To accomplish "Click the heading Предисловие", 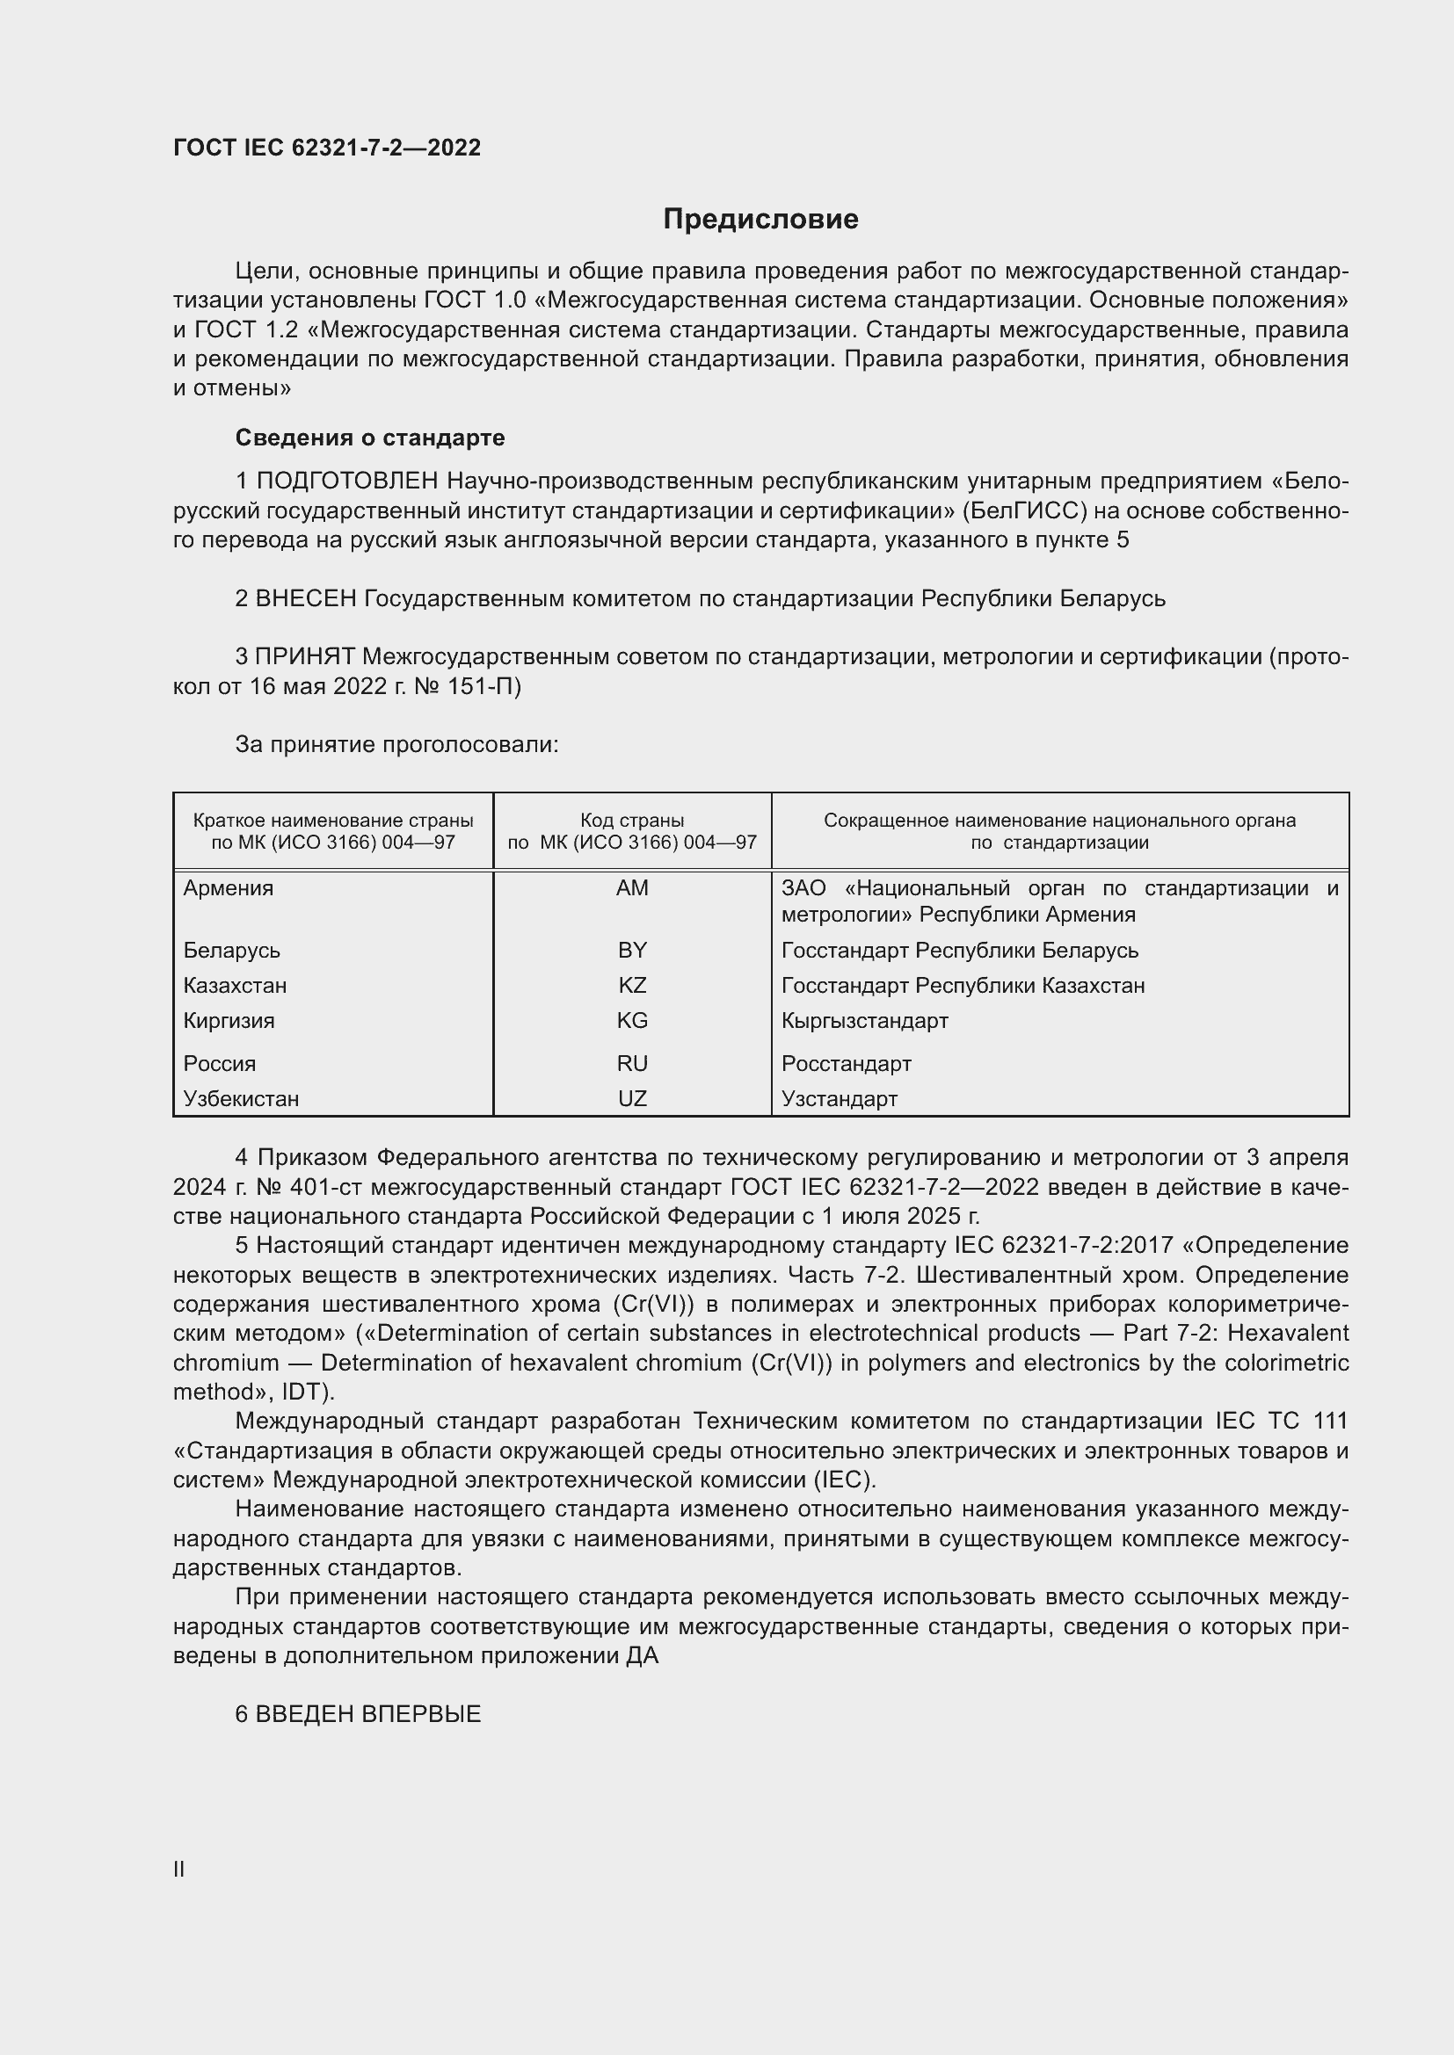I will point(760,220).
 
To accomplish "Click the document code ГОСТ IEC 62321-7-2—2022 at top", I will point(327,148).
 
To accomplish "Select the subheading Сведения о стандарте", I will point(370,438).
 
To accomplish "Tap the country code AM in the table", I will point(632,888).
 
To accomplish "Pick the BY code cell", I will point(632,950).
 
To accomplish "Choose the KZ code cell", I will point(632,986).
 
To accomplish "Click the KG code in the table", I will point(632,1020).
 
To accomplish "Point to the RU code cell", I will point(632,1063).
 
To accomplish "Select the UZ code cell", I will point(632,1098).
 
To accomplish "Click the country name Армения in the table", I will point(229,888).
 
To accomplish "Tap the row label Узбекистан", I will point(241,1098).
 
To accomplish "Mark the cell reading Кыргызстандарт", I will point(864,1020).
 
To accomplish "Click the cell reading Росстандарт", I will point(846,1063).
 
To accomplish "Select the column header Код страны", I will point(632,821).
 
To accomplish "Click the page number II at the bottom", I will point(179,1869).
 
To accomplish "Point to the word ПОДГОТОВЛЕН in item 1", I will point(347,481).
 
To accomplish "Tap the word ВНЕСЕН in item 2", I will point(306,598).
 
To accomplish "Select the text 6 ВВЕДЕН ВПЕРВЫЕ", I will point(358,1714).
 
